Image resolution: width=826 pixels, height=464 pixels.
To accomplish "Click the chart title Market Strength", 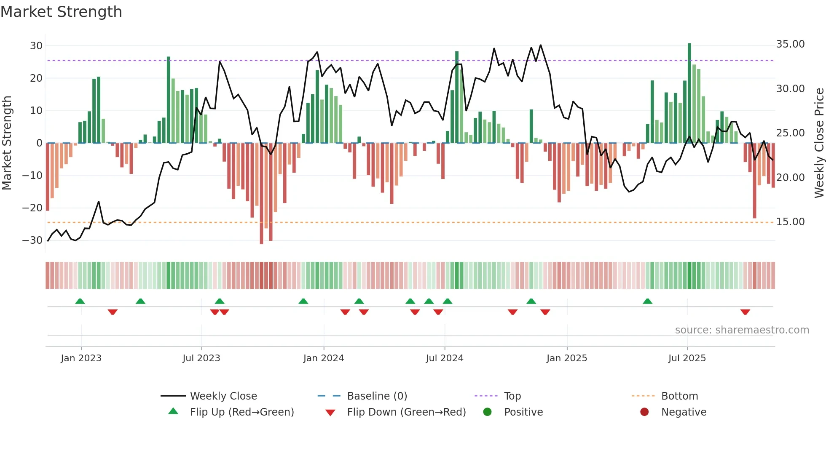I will [61, 12].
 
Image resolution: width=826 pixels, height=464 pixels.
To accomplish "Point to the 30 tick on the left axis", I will [36, 45].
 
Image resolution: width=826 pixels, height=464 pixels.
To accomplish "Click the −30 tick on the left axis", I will [33, 240].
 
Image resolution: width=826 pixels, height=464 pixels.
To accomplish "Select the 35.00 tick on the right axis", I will [790, 44].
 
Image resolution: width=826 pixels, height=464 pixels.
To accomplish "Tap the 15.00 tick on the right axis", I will [790, 222].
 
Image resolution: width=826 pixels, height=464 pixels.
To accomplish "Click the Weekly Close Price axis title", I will [819, 143].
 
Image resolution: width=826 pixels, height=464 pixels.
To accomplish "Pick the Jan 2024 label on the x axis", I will [323, 358].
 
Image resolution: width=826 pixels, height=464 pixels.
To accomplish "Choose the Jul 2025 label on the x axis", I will [687, 358].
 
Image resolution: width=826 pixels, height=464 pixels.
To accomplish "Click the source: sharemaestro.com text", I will [742, 330].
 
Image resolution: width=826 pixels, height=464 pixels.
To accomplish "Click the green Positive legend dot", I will [487, 412].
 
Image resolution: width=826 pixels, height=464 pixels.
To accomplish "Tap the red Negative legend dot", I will [644, 412].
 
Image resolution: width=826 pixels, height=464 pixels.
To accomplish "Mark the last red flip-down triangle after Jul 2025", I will [745, 312].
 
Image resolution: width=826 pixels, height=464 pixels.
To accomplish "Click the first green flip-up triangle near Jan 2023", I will [80, 301].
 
